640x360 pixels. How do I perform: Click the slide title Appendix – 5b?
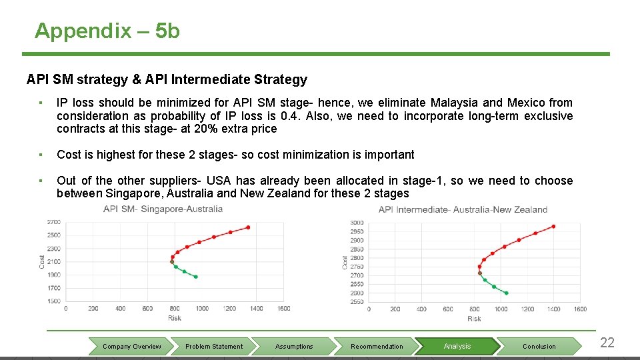click(107, 31)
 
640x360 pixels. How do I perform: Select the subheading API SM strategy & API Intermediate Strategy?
click(167, 80)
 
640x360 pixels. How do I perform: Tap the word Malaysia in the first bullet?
click(454, 103)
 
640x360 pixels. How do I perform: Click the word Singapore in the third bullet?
click(132, 193)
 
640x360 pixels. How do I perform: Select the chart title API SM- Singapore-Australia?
click(163, 209)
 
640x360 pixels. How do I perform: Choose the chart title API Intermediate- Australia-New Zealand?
click(463, 209)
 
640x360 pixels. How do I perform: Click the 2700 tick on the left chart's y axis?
click(53, 222)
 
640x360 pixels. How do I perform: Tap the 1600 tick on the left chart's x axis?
click(283, 308)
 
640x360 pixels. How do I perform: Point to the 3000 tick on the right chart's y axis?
click(357, 223)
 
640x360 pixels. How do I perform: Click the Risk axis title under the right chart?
click(474, 319)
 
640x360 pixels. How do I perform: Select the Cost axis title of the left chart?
click(41, 261)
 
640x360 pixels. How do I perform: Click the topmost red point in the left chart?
click(248, 227)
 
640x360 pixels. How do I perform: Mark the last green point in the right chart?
click(507, 293)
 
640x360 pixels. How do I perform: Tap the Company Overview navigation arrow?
click(132, 347)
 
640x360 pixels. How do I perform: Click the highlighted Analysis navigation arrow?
click(457, 347)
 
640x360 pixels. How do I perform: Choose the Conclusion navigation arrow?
click(539, 347)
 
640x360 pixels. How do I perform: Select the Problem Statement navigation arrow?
click(214, 347)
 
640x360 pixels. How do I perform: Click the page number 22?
click(607, 343)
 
